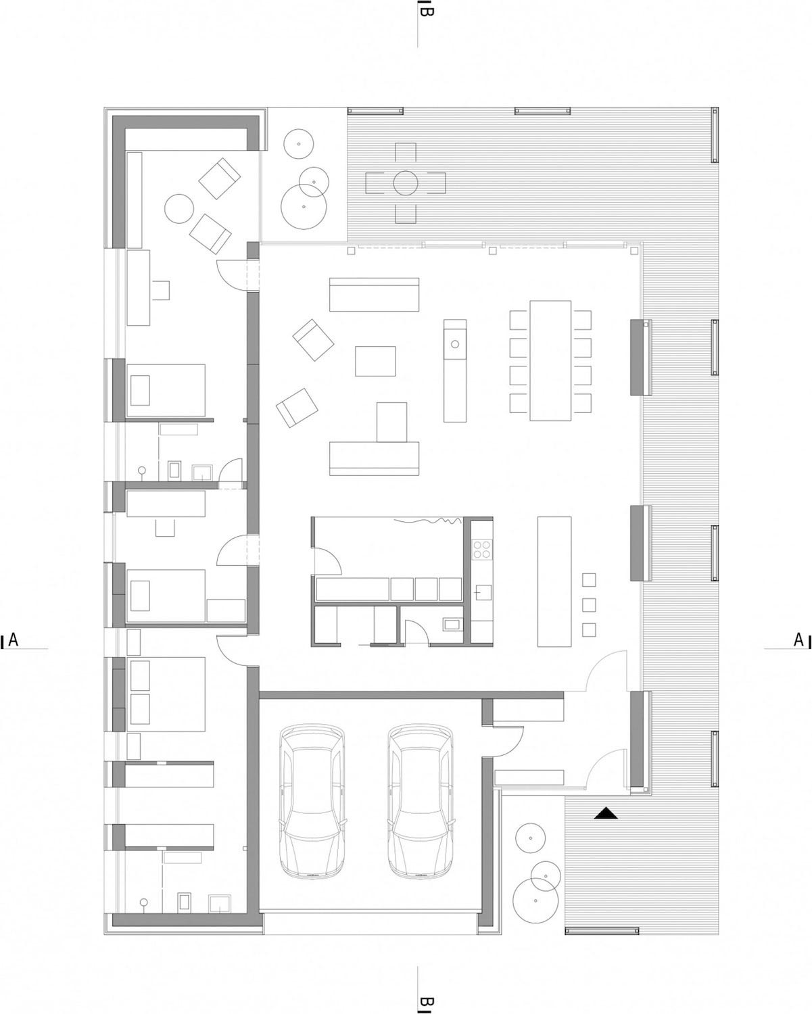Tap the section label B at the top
tap(426, 11)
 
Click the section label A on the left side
tap(13, 639)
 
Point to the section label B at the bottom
tap(426, 1001)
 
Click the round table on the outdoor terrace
tap(405, 183)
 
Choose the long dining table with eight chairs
tap(550, 360)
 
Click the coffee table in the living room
tap(375, 360)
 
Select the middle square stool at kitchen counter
tap(589, 604)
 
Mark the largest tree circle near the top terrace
tap(304, 206)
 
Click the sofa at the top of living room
tap(375, 295)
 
